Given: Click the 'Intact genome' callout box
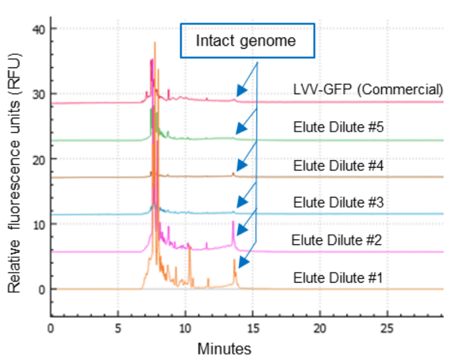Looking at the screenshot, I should [x=247, y=41].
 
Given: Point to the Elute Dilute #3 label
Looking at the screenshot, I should [x=338, y=202].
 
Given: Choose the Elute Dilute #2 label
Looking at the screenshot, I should [x=336, y=239].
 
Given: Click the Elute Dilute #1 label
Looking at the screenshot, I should [x=338, y=277].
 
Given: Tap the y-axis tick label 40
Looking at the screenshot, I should [x=38, y=29].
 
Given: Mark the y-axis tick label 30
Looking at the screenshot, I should [x=38, y=94].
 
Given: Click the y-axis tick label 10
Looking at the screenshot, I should [x=38, y=224].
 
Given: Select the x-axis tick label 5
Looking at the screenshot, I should [x=118, y=328].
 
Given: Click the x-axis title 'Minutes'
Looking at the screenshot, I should [x=224, y=349].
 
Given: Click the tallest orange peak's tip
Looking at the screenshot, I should [x=155, y=43].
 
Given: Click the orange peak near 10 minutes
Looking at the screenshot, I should [x=189, y=248].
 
